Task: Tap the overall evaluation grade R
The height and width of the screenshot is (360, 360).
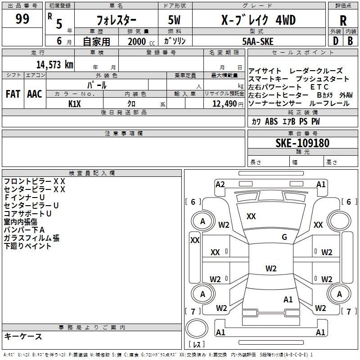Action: click(x=343, y=21)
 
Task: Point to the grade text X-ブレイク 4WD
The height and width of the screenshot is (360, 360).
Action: click(x=252, y=20)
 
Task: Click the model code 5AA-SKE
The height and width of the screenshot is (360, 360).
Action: click(x=257, y=41)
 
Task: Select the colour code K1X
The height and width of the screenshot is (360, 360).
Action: click(x=74, y=103)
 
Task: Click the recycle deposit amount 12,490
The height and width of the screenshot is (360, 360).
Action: click(x=224, y=104)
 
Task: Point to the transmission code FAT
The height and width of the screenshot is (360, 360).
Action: click(x=13, y=94)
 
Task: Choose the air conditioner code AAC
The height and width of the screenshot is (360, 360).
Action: click(x=35, y=94)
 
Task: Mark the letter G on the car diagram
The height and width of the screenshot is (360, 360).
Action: click(x=284, y=237)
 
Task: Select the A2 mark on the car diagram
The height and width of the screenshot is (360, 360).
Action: click(x=220, y=184)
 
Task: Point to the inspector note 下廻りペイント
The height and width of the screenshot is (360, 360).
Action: click(x=27, y=246)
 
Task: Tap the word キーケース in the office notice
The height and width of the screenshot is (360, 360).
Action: click(x=23, y=336)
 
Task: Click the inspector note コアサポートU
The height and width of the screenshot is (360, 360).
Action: click(x=27, y=213)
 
